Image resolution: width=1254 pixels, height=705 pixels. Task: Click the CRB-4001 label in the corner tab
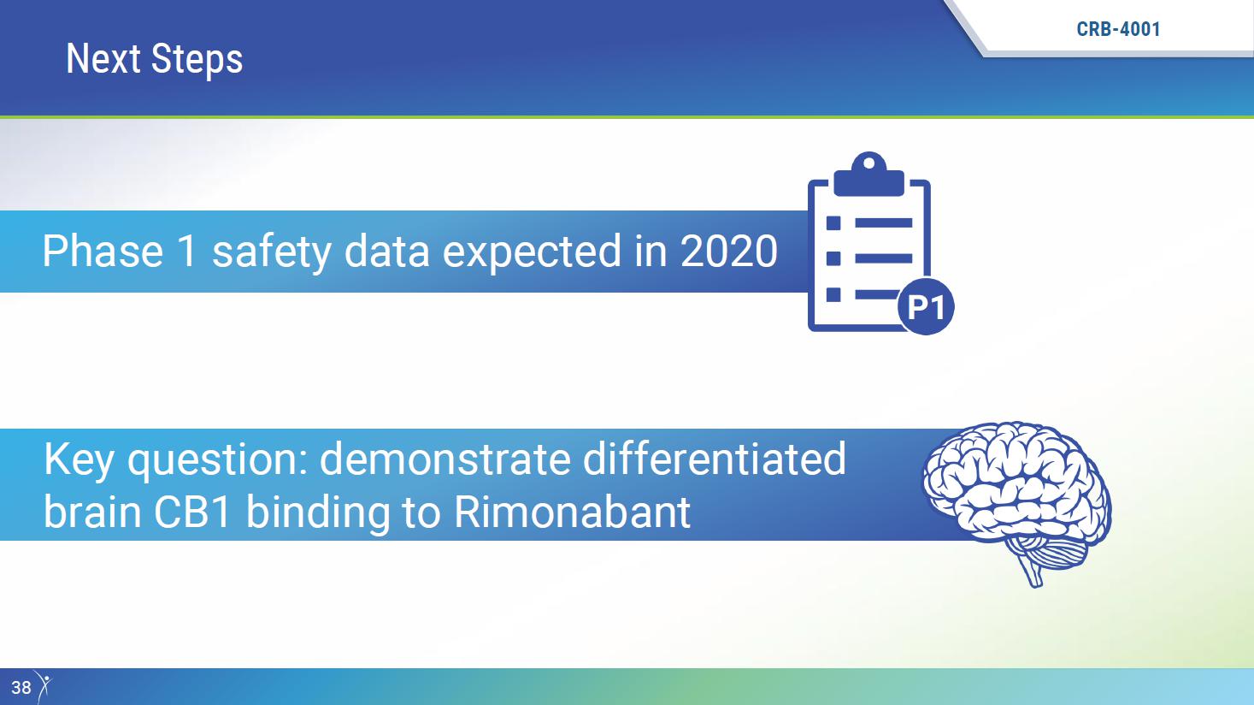point(1119,29)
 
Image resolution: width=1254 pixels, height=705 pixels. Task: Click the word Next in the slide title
point(103,58)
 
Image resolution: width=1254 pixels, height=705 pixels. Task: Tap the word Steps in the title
point(197,59)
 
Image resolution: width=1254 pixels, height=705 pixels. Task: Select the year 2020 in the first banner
point(728,251)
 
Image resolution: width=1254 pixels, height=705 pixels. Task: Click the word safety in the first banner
point(272,252)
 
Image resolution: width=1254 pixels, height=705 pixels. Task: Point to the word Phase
point(103,251)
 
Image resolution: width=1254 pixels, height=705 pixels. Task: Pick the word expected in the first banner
point(532,252)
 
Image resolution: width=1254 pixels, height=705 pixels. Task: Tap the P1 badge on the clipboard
point(926,306)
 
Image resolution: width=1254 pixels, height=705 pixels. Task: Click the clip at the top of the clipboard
point(868,174)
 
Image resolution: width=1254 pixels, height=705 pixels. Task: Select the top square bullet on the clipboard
point(833,223)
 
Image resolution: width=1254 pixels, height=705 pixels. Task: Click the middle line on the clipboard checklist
point(884,258)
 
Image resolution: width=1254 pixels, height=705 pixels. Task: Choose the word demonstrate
point(444,459)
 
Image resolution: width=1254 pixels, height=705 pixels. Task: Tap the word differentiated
point(715,459)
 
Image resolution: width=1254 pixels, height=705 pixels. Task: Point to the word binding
point(317,513)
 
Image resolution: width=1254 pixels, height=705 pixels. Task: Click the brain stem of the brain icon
point(1033,572)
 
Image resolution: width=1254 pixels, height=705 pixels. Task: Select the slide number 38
point(21,688)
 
